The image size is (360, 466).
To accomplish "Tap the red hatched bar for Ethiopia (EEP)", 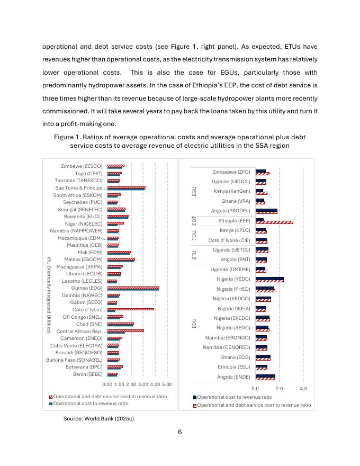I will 274,222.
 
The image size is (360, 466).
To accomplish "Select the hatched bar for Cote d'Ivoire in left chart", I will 131,309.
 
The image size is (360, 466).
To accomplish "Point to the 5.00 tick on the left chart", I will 167,384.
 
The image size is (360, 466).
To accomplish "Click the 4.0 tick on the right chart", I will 303,389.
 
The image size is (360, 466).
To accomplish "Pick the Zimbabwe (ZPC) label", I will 231,172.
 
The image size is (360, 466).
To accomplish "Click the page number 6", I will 180,432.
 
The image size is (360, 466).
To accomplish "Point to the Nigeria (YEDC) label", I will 233,279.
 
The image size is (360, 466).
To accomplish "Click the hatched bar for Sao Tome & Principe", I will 127,187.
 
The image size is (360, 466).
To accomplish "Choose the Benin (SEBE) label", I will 88,374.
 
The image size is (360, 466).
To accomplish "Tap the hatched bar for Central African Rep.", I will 125,330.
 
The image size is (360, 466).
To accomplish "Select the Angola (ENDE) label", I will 233,377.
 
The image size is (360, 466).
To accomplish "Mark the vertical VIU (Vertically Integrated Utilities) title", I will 49,295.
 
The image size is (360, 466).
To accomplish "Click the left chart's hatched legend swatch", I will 51,396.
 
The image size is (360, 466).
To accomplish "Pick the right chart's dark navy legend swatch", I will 195,397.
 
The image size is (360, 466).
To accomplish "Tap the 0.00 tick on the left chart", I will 107,384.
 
